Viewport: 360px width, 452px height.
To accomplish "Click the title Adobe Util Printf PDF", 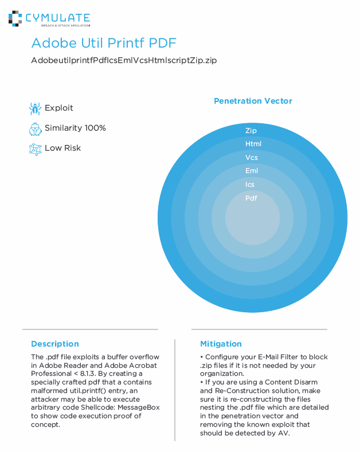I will click(x=104, y=44).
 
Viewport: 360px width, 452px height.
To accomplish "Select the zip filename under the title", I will click(x=124, y=60).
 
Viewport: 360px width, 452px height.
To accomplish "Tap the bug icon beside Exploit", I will click(x=36, y=108).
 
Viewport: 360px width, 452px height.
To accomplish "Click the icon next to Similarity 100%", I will click(x=36, y=128).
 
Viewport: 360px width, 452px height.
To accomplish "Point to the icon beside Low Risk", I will click(x=36, y=148).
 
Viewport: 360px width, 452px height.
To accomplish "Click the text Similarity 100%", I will click(x=75, y=128).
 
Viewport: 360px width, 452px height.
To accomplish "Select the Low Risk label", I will click(x=62, y=148).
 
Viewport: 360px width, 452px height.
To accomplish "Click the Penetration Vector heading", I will click(x=253, y=101).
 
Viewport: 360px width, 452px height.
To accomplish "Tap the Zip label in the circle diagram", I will click(x=251, y=131).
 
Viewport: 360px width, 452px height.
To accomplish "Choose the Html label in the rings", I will click(x=253, y=144).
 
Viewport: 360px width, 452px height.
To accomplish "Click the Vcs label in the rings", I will click(x=252, y=158).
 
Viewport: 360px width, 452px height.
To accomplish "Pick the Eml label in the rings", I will click(x=252, y=171).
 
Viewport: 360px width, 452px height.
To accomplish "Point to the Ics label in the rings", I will click(x=250, y=184).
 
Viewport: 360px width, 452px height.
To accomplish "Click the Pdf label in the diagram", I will click(x=251, y=198).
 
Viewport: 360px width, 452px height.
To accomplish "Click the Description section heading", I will click(x=55, y=344).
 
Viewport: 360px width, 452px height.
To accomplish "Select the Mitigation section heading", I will click(x=221, y=344).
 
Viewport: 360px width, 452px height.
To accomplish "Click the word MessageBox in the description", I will click(x=139, y=407).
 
